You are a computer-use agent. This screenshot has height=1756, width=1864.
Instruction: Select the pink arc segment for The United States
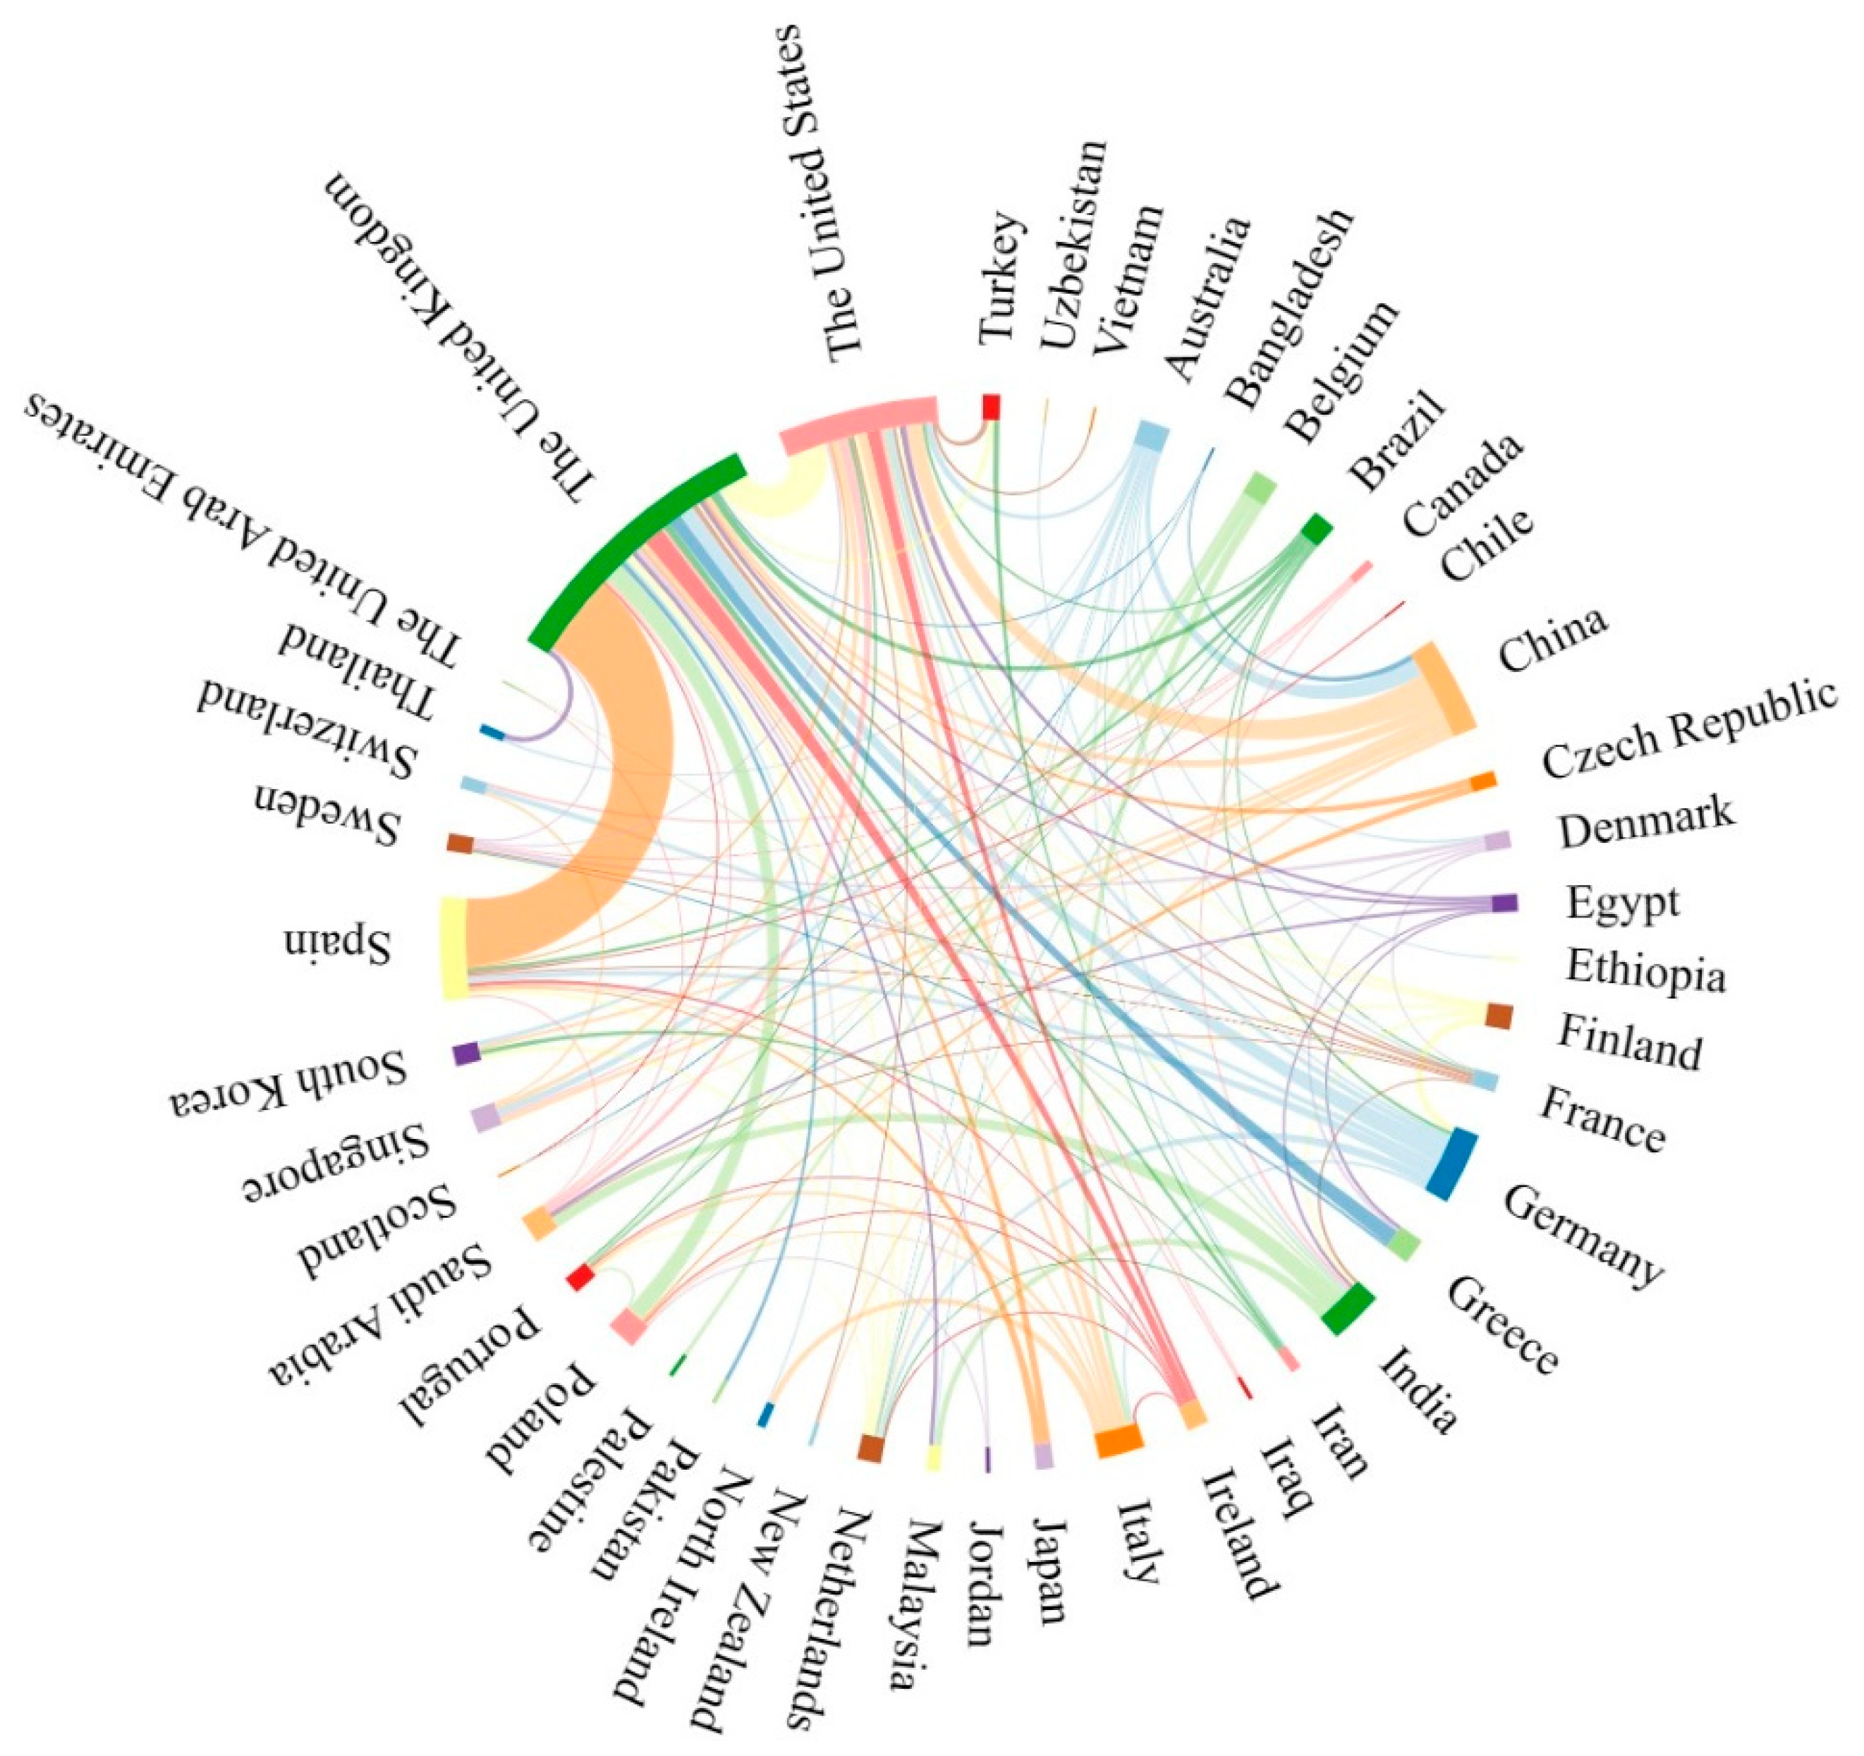(858, 422)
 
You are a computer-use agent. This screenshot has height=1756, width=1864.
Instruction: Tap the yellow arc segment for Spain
(453, 948)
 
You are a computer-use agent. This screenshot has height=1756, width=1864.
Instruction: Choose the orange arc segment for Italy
(1119, 1441)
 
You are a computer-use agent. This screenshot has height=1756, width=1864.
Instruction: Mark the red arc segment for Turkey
(990, 407)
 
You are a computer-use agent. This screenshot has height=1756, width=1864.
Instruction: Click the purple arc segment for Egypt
(1504, 903)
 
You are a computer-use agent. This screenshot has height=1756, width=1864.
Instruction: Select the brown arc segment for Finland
(1499, 1016)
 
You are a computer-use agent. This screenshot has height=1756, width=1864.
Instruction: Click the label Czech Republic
(1688, 731)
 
